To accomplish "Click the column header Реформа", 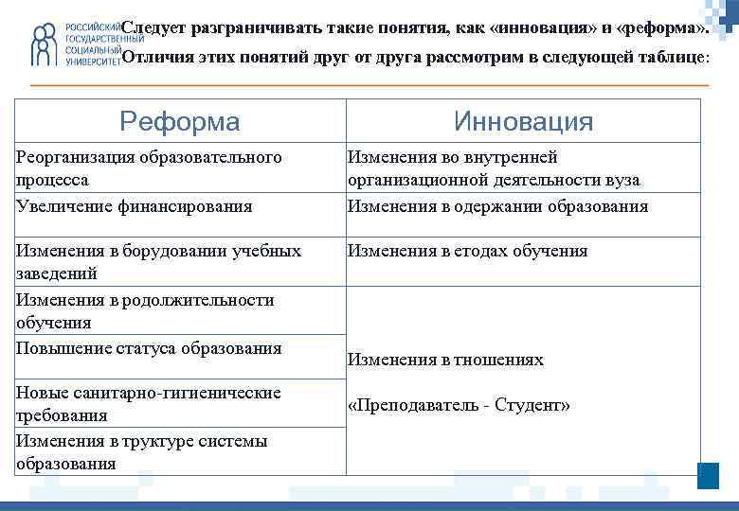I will click(180, 121).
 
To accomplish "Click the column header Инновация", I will click(523, 121).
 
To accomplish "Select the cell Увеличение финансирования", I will click(135, 206).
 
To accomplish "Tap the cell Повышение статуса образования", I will click(149, 348).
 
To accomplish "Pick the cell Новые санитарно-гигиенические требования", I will click(149, 404).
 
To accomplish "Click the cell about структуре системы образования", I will click(142, 452).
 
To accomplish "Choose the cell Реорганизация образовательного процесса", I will click(149, 168).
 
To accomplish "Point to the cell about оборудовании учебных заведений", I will click(159, 262).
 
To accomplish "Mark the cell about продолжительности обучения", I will click(145, 311).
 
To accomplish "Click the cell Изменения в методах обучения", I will click(468, 251).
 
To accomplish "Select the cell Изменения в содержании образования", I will click(497, 206).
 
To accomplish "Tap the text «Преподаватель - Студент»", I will click(460, 406).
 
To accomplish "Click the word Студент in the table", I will click(536, 406).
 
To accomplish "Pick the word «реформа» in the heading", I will click(660, 28).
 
